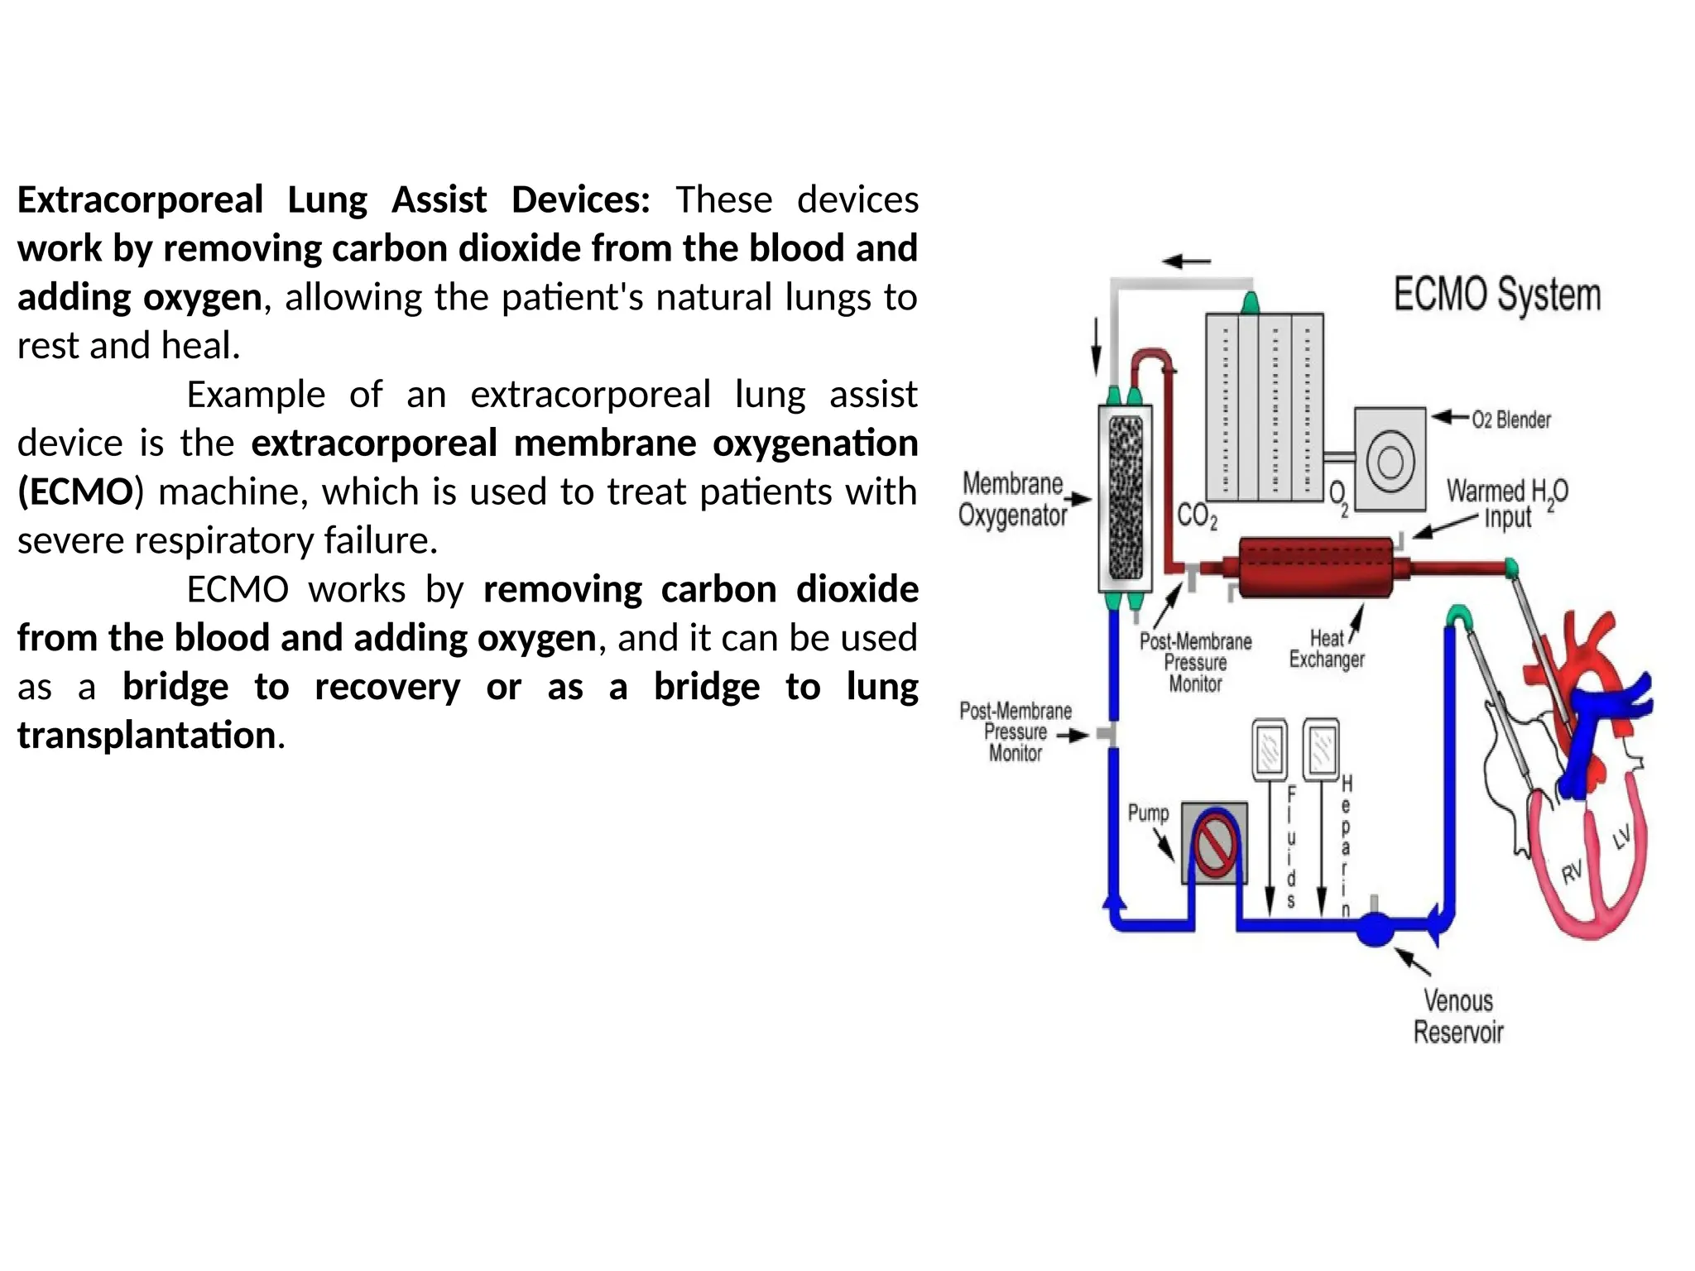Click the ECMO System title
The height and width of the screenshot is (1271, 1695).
pyautogui.click(x=1496, y=295)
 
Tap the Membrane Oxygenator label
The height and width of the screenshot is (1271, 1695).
pyautogui.click(x=1013, y=499)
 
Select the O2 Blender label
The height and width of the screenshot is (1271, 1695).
pyautogui.click(x=1510, y=420)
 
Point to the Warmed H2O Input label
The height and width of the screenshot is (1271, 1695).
pyautogui.click(x=1506, y=504)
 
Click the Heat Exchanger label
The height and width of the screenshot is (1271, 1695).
pyautogui.click(x=1326, y=650)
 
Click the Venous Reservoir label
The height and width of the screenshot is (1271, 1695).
pyautogui.click(x=1457, y=1017)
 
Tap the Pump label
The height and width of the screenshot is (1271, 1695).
pyautogui.click(x=1148, y=813)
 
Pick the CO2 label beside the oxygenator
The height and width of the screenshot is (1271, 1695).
pyautogui.click(x=1197, y=516)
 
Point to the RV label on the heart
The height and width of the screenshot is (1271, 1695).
pyautogui.click(x=1571, y=872)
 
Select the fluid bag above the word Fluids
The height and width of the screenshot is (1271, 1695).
pyautogui.click(x=1269, y=749)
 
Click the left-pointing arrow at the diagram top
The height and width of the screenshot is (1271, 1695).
pyautogui.click(x=1186, y=261)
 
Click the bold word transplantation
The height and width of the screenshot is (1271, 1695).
pyautogui.click(x=146, y=736)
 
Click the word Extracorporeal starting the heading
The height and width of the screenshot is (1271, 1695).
pyautogui.click(x=140, y=200)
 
